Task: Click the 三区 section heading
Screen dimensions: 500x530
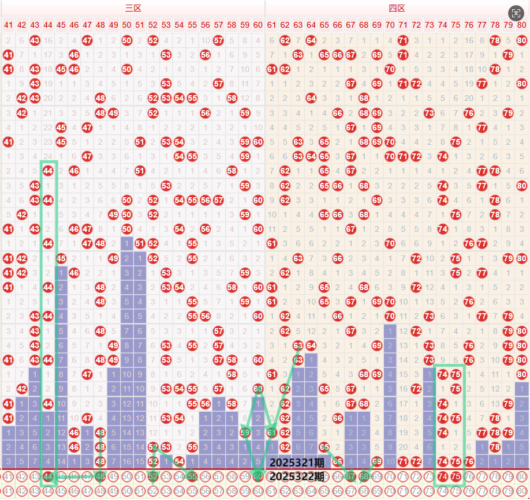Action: (x=133, y=8)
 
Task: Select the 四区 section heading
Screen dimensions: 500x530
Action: (x=397, y=8)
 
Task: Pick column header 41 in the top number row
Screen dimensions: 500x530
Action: (x=8, y=25)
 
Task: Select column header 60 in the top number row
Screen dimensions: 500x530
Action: (x=258, y=25)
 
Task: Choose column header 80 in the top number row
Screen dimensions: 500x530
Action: (x=522, y=25)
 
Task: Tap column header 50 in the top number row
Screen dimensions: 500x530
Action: (x=126, y=25)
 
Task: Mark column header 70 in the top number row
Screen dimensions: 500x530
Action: (x=390, y=25)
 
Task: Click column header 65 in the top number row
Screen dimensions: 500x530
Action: (x=324, y=25)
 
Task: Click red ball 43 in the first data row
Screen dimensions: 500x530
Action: (x=35, y=40)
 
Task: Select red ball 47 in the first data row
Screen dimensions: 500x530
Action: (x=87, y=40)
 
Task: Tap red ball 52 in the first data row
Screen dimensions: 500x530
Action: (x=153, y=40)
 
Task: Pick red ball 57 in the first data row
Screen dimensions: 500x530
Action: (x=219, y=40)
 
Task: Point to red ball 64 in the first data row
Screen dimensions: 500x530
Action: (x=311, y=40)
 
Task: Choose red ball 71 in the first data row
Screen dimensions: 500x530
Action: (x=404, y=40)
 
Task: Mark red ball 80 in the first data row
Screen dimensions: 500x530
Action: (x=522, y=40)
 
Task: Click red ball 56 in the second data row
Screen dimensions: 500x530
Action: (x=206, y=55)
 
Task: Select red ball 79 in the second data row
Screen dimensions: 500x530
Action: (x=509, y=55)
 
